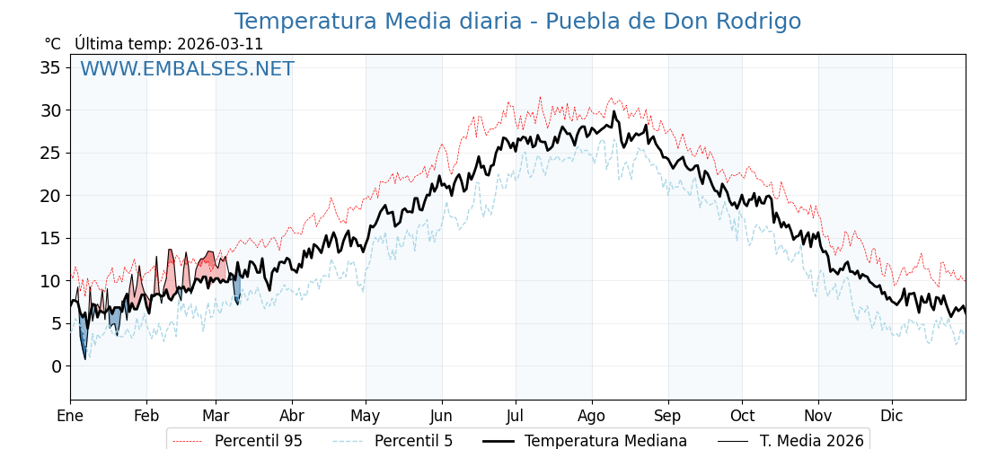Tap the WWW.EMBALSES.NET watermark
(187, 69)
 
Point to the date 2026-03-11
(220, 44)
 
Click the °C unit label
(53, 44)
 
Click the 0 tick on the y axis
(57, 366)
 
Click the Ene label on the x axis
(70, 416)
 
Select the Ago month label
(592, 416)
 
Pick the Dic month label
(892, 416)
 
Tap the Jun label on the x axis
(441, 416)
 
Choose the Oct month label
(742, 416)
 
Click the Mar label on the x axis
(216, 416)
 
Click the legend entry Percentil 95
(258, 441)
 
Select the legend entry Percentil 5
(413, 441)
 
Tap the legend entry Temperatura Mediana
(605, 441)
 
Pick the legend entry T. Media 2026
(811, 441)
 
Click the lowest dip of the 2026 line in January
(85, 359)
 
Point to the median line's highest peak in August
(614, 111)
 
